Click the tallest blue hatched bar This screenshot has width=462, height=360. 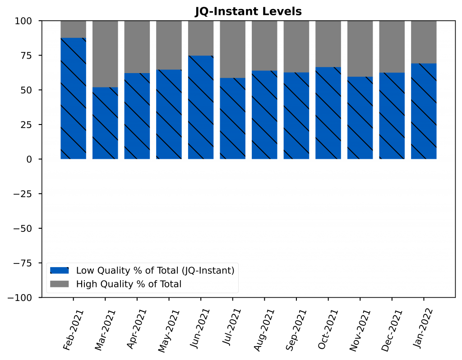[73, 98]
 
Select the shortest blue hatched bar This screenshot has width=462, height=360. [105, 123]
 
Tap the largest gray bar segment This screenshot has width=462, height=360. [105, 54]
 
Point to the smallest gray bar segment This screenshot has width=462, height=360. [73, 29]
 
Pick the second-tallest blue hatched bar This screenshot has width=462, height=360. [201, 107]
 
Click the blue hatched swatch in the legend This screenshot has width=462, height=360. [59, 270]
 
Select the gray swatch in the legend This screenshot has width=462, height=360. [59, 284]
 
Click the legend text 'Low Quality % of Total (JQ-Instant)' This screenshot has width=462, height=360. [155, 271]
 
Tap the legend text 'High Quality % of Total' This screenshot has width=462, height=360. [129, 284]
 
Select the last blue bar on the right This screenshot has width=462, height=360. [424, 111]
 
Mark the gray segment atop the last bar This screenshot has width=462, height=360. [424, 42]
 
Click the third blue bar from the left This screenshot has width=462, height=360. [137, 116]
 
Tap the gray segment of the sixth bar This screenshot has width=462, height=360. [233, 50]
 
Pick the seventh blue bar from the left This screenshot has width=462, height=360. [264, 115]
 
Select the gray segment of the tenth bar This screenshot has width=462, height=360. [360, 49]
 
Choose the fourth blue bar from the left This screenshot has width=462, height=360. [169, 114]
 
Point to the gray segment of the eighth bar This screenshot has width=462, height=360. [296, 46]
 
